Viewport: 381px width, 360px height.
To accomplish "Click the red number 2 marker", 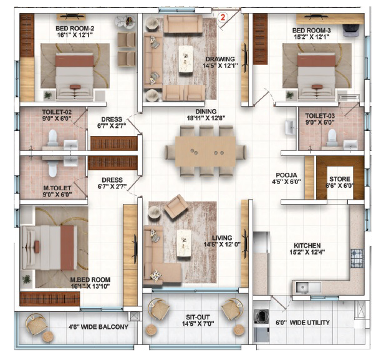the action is coord(223,17).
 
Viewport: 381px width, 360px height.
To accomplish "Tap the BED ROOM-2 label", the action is coord(75,28).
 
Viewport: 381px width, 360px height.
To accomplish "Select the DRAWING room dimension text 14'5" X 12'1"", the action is coord(220,66).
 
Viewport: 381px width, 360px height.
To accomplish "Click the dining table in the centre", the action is coord(206,152).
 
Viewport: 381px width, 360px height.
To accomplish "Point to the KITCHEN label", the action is coord(307,245).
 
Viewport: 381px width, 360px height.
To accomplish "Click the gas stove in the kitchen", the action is coord(357,258).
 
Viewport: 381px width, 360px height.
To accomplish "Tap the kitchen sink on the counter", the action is coord(302,288).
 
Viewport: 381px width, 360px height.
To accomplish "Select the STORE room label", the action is coord(340,179).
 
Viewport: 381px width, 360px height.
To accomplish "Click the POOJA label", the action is coord(286,175).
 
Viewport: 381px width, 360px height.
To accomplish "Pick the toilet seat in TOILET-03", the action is coord(332,137).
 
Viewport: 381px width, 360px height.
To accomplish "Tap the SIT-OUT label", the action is coord(198,317).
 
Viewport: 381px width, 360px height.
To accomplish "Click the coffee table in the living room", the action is coord(184,243).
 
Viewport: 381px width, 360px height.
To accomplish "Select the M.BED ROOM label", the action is coord(90,280).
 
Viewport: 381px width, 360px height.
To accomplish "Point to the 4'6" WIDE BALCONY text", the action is coord(99,327).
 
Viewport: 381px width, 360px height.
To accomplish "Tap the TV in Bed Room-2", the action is coord(70,16).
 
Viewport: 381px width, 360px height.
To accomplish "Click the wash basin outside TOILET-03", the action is coord(290,127).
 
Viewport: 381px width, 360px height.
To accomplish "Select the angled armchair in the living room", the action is coord(176,205).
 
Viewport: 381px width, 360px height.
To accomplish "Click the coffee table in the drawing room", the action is coord(186,59).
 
